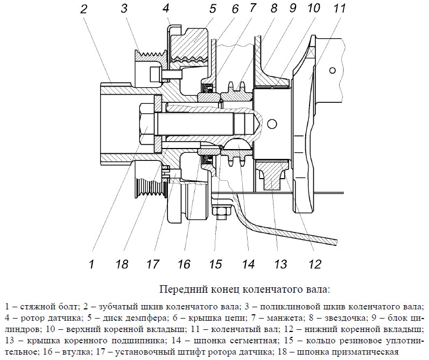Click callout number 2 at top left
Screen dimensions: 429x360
pos(83,9)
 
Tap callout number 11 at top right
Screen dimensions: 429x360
pos(340,9)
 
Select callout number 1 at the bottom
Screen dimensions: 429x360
pos(92,264)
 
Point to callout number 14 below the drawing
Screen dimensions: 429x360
pos(248,264)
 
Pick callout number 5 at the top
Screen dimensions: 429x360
pos(213,9)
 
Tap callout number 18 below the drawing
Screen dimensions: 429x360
pos(122,264)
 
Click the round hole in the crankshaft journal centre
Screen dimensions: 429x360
pos(272,124)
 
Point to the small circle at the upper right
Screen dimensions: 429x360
pos(333,70)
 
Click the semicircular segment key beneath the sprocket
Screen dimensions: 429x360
pos(237,144)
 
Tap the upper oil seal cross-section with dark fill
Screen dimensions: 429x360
pos(207,88)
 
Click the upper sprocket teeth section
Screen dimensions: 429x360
pos(237,93)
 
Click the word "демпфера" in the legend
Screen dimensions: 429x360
pos(124,318)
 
